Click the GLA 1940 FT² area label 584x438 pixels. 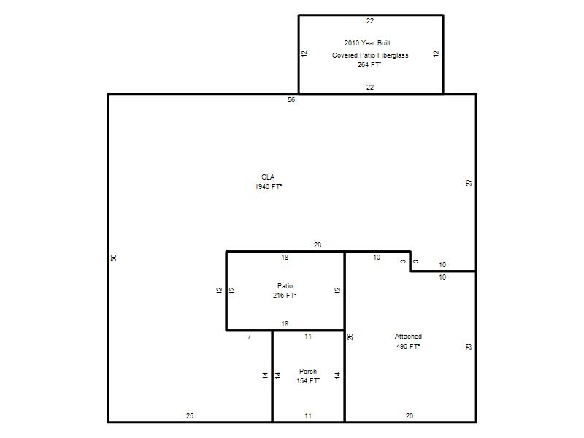[268, 182]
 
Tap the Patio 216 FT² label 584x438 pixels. [285, 291]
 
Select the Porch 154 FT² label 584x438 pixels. [308, 376]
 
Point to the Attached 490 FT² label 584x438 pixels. [408, 341]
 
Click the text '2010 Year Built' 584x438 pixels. [367, 43]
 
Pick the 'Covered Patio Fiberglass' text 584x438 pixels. [370, 55]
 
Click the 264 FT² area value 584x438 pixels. [369, 64]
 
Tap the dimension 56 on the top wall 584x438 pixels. [291, 100]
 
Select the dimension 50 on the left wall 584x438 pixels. [114, 258]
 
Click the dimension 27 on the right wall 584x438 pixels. [469, 183]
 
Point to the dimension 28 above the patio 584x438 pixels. [318, 245]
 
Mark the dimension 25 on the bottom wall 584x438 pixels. [190, 415]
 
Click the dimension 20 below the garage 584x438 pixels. [410, 415]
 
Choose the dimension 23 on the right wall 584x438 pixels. [469, 347]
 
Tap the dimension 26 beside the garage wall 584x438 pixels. [350, 337]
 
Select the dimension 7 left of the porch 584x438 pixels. [249, 337]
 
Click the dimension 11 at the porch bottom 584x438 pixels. [308, 415]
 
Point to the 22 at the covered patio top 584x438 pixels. [370, 21]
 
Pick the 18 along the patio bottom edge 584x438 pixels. [285, 324]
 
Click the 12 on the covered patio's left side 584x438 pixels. [304, 53]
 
